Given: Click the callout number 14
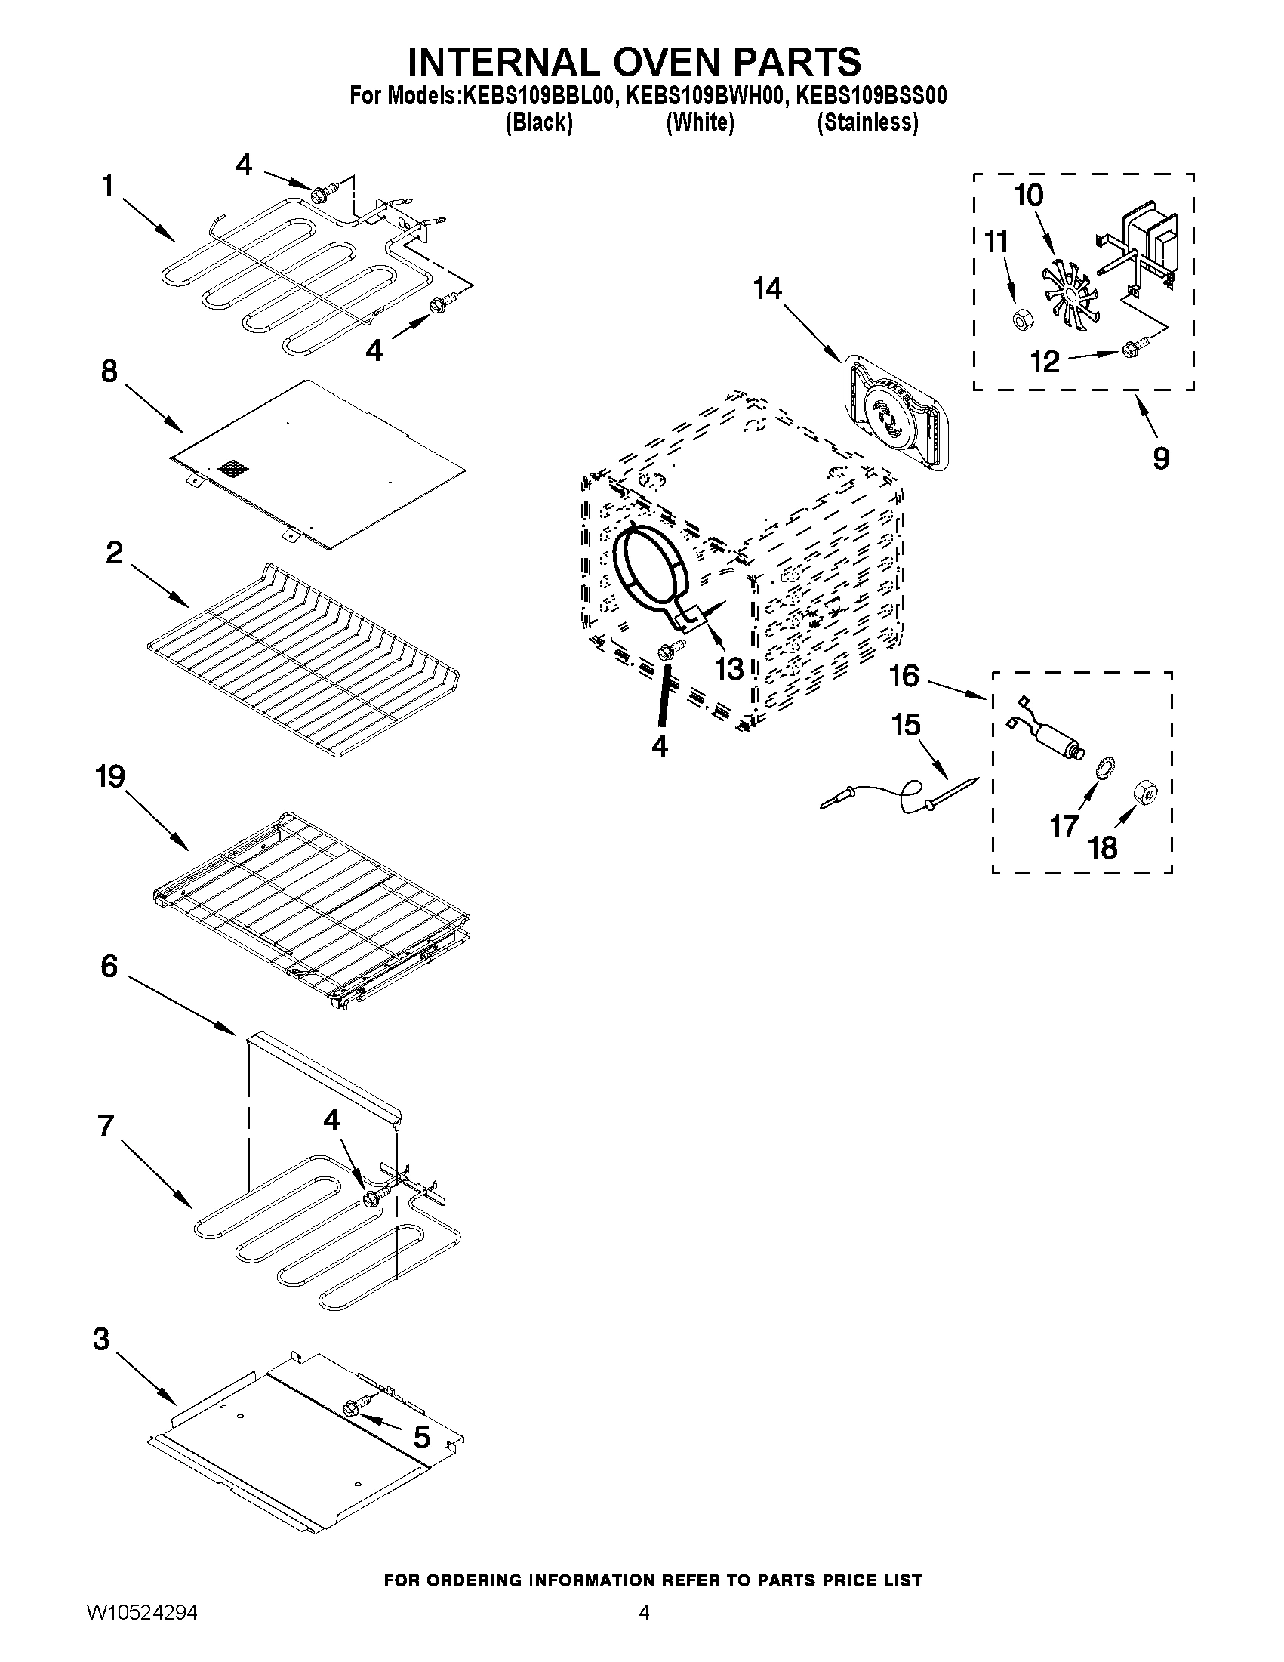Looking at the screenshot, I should coord(768,289).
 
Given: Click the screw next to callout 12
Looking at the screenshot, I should coord(1129,350).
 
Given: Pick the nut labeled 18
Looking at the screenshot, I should coord(1144,792).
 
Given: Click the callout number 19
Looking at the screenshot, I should coord(110,777).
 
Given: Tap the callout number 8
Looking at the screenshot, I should coord(109,372).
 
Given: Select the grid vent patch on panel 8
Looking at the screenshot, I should coord(233,468).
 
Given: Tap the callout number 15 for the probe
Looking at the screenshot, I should coord(906,724).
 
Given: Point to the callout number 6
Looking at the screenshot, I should coord(109,967).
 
